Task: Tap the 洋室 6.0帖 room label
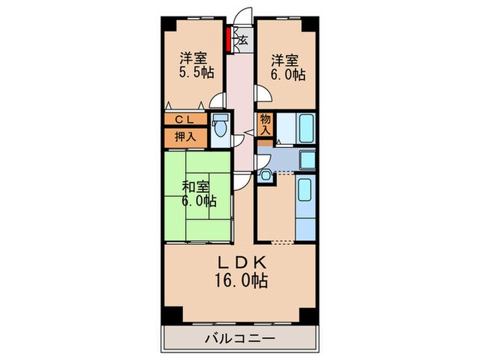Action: pyautogui.click(x=287, y=67)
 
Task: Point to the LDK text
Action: pyautogui.click(x=240, y=264)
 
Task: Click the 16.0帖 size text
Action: pyautogui.click(x=240, y=280)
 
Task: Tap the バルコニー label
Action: pyautogui.click(x=240, y=338)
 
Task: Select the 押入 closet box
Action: pyautogui.click(x=185, y=136)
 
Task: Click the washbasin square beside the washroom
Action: pyautogui.click(x=266, y=176)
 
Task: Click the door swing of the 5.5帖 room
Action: pyautogui.click(x=218, y=100)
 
